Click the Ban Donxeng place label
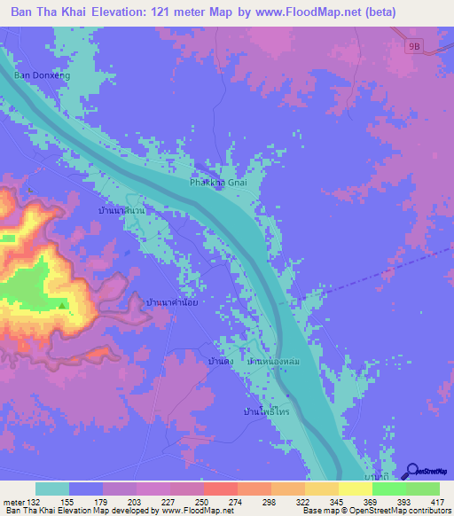pyautogui.click(x=42, y=76)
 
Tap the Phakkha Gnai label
pyautogui.click(x=217, y=183)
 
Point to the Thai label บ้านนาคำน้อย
pyautogui.click(x=176, y=302)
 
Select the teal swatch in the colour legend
pyautogui.click(x=52, y=489)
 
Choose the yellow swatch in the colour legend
pyautogui.click(x=355, y=489)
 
